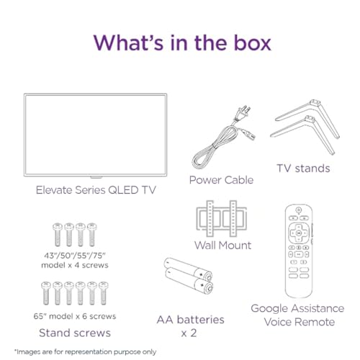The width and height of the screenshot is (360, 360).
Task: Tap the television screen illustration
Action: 91,135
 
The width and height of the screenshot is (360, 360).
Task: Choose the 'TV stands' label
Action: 303,168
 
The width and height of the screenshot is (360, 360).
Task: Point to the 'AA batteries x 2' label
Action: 190,325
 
